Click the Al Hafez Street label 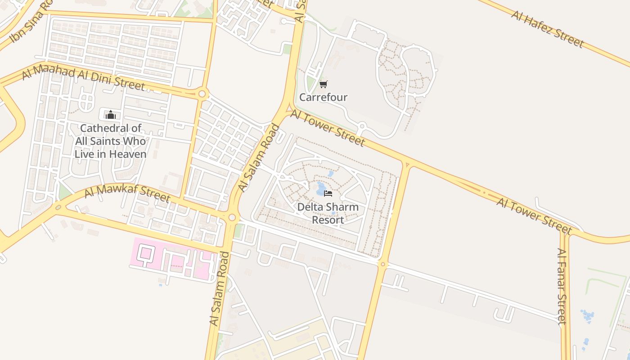547,29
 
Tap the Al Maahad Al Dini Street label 83,76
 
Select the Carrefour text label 323,97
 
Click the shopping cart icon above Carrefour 323,84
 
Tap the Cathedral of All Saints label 110,141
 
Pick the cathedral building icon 110,115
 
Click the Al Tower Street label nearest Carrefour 328,127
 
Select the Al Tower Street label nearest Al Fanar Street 534,216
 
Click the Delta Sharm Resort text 328,213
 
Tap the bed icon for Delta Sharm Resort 328,193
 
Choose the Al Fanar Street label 561,286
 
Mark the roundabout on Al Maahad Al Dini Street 202,94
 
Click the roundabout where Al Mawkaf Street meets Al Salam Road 232,217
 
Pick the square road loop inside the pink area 145,253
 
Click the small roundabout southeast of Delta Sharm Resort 383,264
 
